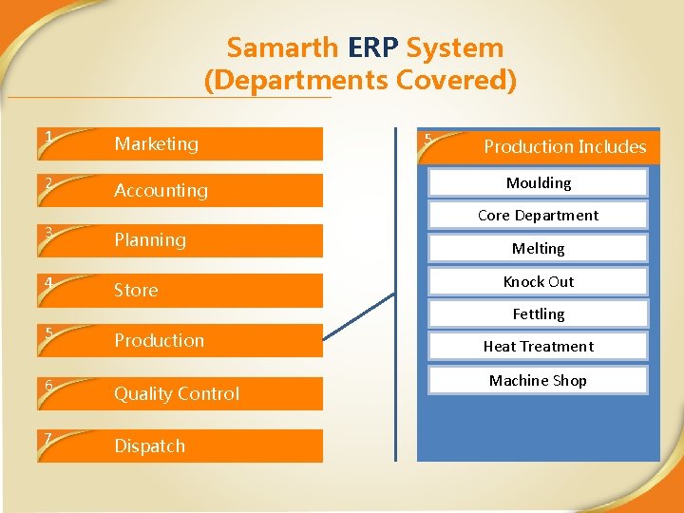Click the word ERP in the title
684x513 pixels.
pyautogui.click(x=371, y=47)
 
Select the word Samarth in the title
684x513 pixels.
pyautogui.click(x=282, y=47)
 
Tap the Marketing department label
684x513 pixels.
pyautogui.click(x=157, y=143)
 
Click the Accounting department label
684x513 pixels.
pyautogui.click(x=161, y=190)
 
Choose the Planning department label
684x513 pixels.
pyautogui.click(x=150, y=239)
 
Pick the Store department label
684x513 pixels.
pyautogui.click(x=136, y=290)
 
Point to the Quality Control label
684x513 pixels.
pyautogui.click(x=177, y=393)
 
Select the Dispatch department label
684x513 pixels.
pyautogui.click(x=149, y=446)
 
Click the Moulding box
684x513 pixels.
pyautogui.click(x=538, y=182)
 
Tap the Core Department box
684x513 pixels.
pyautogui.click(x=538, y=216)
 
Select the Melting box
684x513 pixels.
pyautogui.click(x=538, y=248)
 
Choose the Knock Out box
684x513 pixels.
pyautogui.click(x=538, y=281)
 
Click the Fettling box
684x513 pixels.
pyautogui.click(x=538, y=313)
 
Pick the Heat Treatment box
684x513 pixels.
pyautogui.click(x=538, y=347)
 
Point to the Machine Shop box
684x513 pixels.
pyautogui.click(x=538, y=380)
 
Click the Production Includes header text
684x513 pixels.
pyautogui.click(x=564, y=146)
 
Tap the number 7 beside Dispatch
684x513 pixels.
pyautogui.click(x=46, y=437)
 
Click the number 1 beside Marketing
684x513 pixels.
pyautogui.click(x=46, y=136)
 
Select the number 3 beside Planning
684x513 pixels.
pyautogui.click(x=46, y=231)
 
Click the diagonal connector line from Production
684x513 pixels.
pyautogui.click(x=358, y=315)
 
